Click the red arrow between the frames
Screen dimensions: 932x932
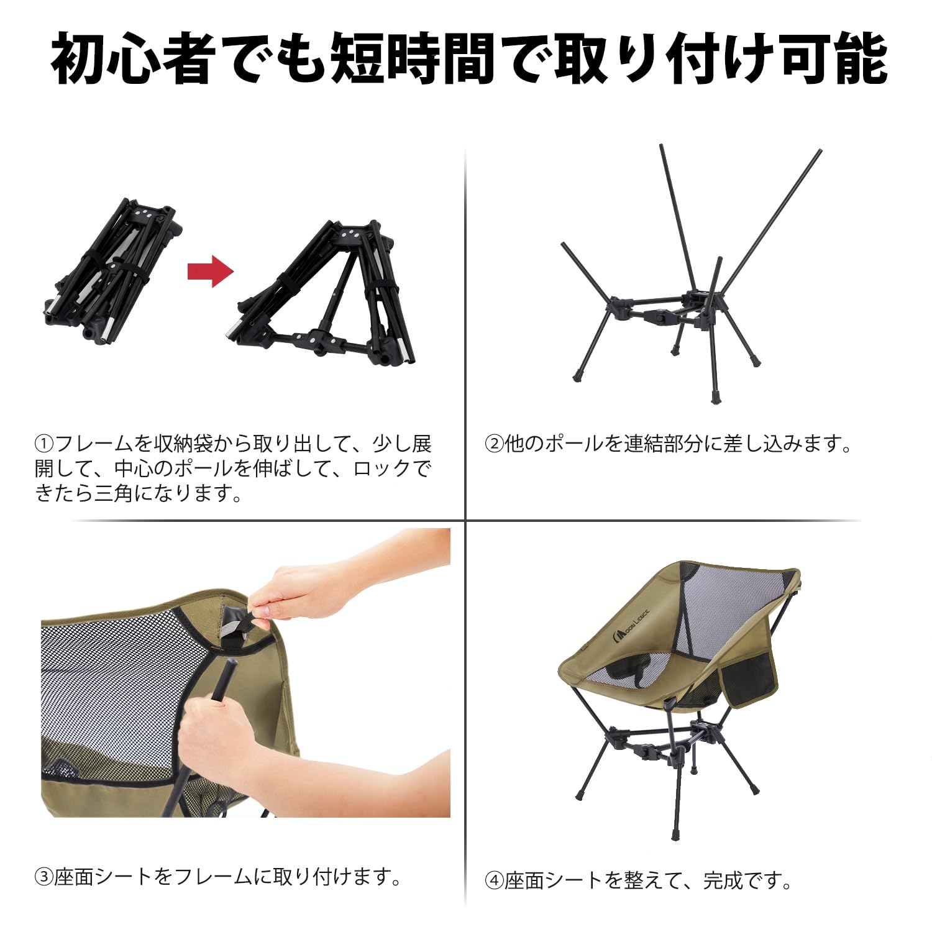[x=211, y=271]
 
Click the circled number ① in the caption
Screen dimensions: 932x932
[x=45, y=444]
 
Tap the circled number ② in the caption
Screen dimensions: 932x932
[x=495, y=444]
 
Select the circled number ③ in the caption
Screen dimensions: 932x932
[x=45, y=877]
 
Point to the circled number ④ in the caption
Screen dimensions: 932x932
[x=495, y=880]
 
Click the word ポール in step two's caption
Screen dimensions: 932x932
[x=575, y=444]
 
